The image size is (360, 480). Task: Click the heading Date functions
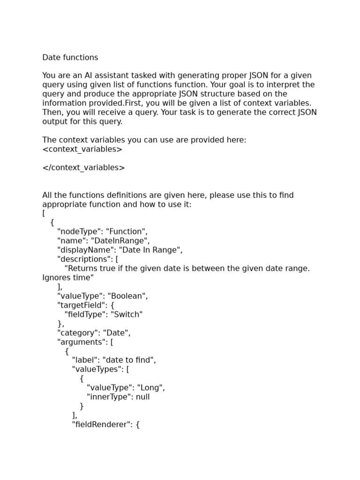click(70, 58)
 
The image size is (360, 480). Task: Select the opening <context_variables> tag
click(82, 150)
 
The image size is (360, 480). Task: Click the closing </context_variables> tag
click(83, 168)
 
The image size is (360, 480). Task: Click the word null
click(142, 397)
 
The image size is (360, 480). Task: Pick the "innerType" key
click(109, 397)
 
